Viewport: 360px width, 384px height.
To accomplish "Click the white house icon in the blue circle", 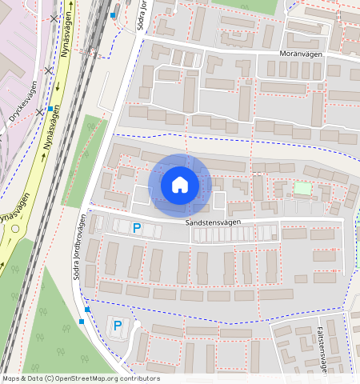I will click(180, 186).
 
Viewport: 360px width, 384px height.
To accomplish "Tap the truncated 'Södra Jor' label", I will click(143, 14).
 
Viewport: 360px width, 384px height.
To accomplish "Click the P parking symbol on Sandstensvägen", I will click(137, 229).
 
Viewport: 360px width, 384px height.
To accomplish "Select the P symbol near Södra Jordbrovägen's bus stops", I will click(118, 326).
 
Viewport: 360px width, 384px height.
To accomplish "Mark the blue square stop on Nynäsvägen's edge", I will click(50, 109).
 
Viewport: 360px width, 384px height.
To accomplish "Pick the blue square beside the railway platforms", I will click(113, 14).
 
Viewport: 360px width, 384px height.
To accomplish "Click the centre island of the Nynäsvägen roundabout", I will click(14, 230).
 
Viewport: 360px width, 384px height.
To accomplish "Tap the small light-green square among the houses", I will click(302, 188).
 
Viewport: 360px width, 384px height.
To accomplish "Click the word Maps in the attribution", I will click(11, 378).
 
